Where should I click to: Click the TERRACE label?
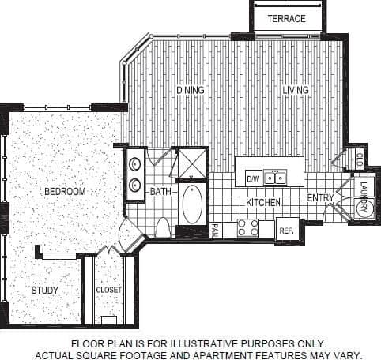tap(286, 19)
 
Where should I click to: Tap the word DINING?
tap(190, 90)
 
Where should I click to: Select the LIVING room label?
tap(296, 90)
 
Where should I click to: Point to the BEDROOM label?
tap(64, 191)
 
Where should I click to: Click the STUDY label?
tap(45, 291)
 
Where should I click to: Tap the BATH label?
tap(161, 191)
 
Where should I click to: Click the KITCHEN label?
tap(264, 203)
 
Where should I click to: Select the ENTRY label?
tap(320, 198)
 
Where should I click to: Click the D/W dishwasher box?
tap(253, 178)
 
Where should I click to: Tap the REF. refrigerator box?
tap(286, 230)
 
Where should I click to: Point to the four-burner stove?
tap(248, 228)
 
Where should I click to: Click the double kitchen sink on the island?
tap(275, 178)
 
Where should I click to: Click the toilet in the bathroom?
tap(164, 228)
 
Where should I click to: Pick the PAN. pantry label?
tap(215, 231)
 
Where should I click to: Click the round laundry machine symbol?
tap(363, 206)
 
